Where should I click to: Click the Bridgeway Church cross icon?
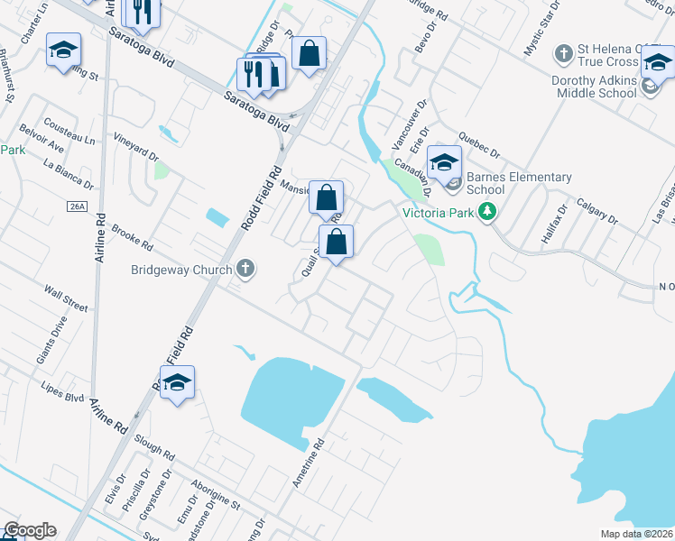click(x=245, y=269)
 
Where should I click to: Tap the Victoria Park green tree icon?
click(x=488, y=213)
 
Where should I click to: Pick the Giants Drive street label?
click(x=52, y=340)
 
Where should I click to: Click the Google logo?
click(x=30, y=530)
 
